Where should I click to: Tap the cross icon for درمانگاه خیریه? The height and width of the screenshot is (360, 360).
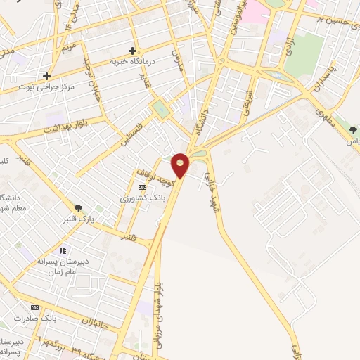132,51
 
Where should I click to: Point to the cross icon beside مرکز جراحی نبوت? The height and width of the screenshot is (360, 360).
47,76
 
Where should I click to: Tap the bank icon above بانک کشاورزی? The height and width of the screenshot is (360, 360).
143,187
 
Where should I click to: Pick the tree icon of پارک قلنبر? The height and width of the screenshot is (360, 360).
78,208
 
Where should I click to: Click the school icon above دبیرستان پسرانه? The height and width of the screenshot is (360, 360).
63,250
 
